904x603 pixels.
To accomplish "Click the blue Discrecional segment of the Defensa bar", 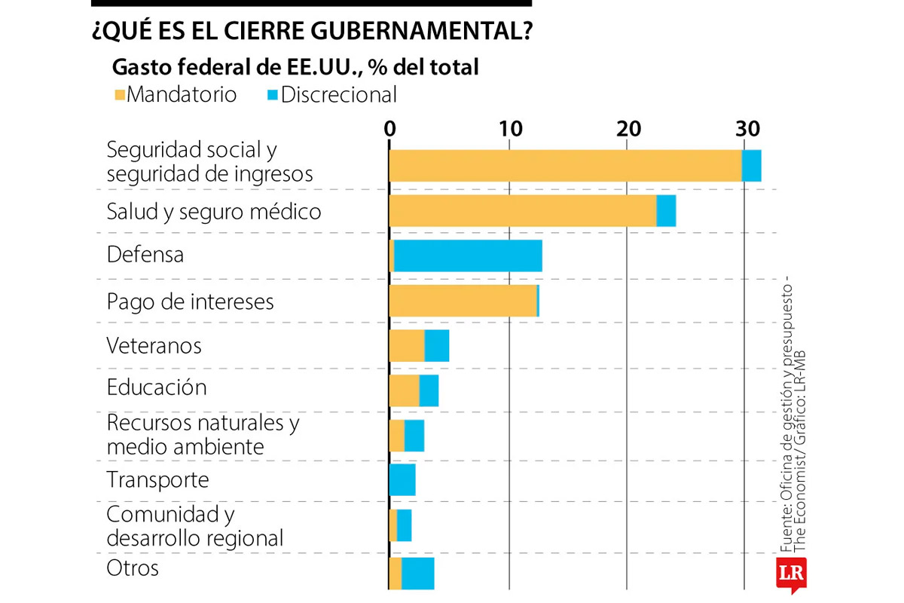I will tap(468, 256).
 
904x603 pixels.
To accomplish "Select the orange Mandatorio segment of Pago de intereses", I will tap(463, 301).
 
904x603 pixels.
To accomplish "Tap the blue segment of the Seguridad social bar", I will tap(752, 166).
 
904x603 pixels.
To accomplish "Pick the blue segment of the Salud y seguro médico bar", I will tap(666, 211).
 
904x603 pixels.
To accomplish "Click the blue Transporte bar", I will tap(403, 480).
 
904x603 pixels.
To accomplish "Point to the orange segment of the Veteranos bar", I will tap(407, 346).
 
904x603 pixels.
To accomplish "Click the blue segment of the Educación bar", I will tap(429, 390).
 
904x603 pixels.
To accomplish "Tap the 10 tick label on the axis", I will tap(511, 128).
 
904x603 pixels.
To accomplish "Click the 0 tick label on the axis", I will tap(389, 128).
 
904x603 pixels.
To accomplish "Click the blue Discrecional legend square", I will tap(272, 96).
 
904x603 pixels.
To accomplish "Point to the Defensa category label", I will tap(145, 255).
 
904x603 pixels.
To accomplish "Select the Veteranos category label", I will tap(154, 345).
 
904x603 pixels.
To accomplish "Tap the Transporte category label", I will tap(157, 479).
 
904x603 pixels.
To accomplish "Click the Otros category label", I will tap(133, 568).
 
